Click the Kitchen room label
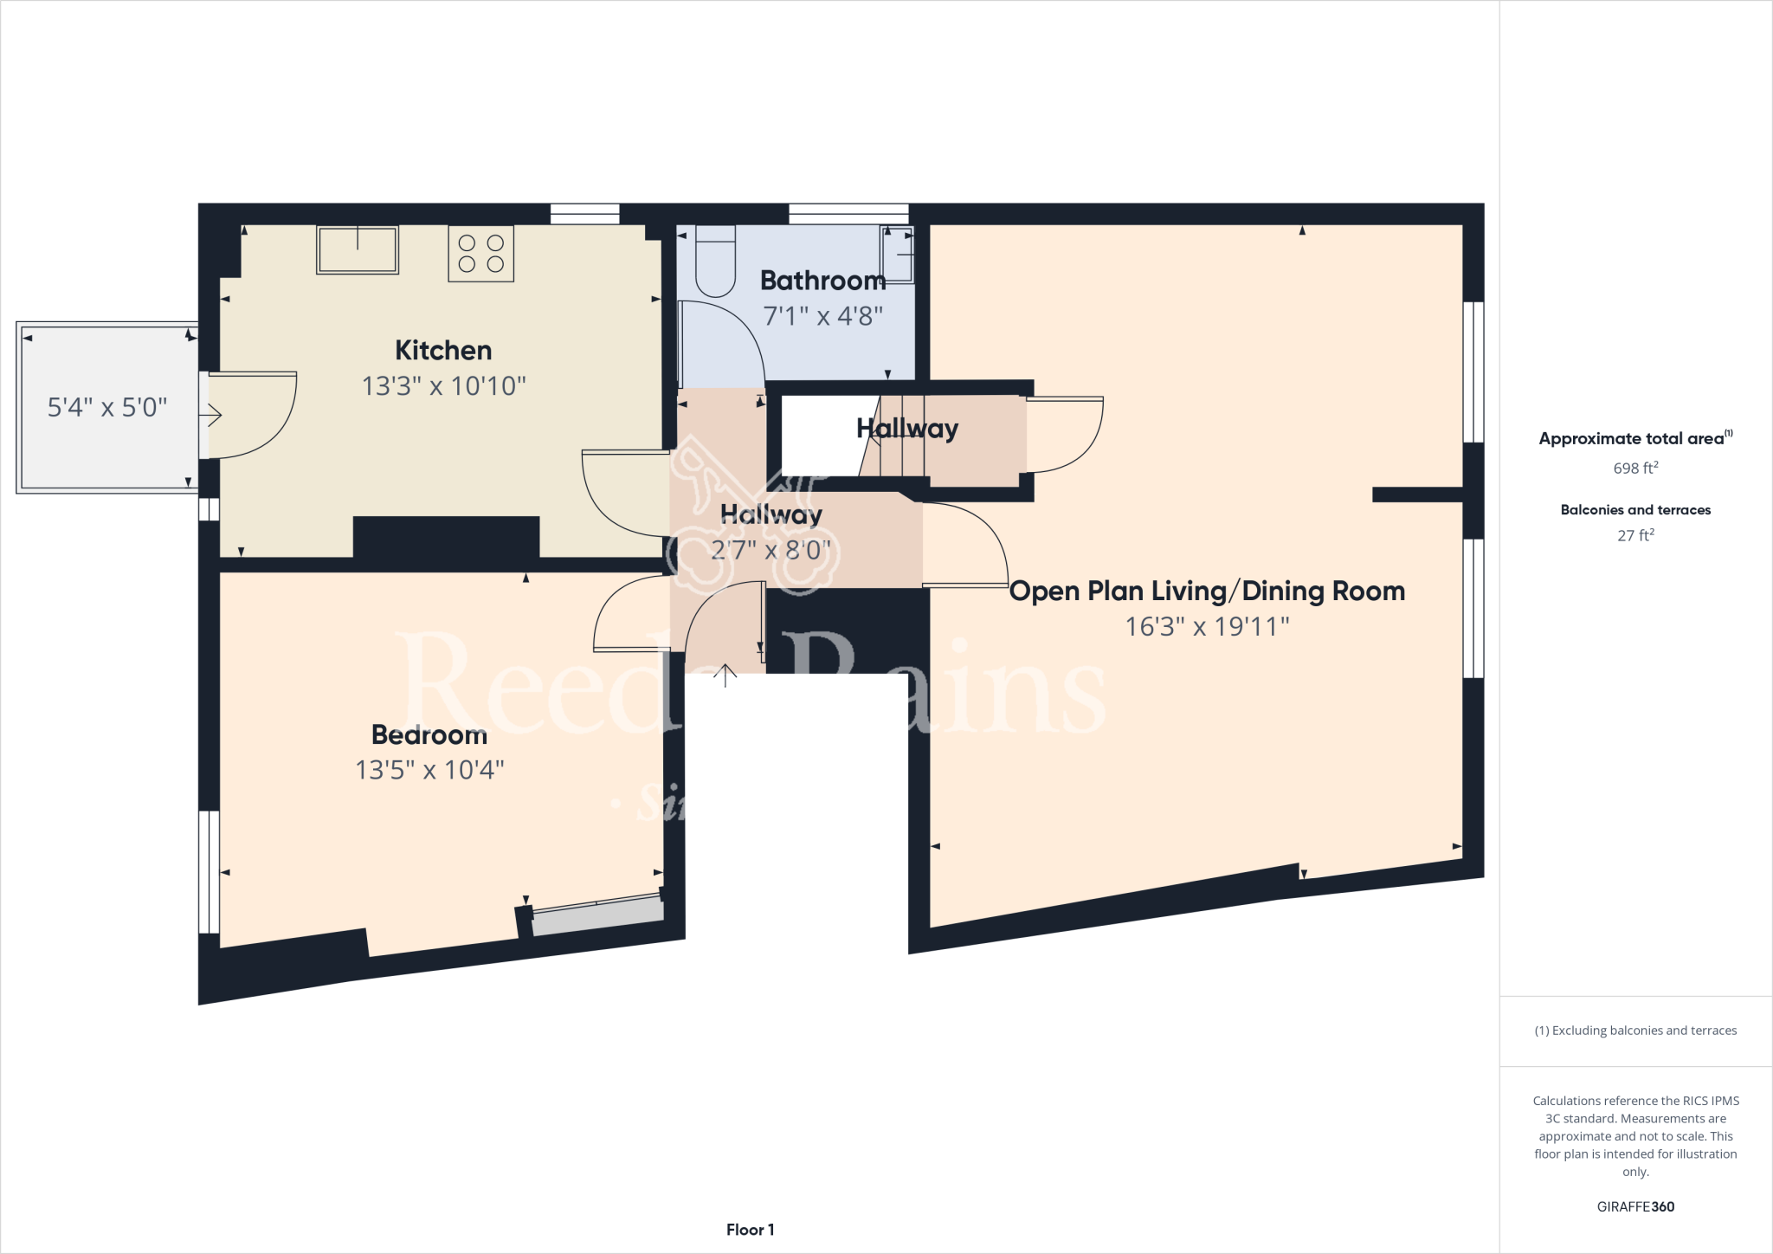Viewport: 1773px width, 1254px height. click(x=443, y=350)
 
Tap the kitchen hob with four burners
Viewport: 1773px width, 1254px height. click(x=480, y=254)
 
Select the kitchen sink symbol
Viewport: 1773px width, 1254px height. click(x=357, y=250)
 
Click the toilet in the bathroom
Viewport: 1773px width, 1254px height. click(x=715, y=260)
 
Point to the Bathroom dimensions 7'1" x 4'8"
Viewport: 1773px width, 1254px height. click(x=822, y=316)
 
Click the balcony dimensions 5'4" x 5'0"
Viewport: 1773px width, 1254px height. click(x=107, y=407)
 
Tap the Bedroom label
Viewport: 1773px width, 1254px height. click(x=429, y=734)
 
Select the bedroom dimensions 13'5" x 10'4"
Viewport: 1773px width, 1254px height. click(x=429, y=770)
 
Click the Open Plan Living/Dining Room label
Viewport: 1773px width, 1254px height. click(x=1207, y=591)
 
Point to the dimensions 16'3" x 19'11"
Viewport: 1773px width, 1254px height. click(x=1207, y=626)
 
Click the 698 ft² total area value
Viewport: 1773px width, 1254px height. click(x=1634, y=468)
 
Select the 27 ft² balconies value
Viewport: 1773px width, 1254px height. click(x=1634, y=535)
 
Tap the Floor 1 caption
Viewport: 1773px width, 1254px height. click(x=750, y=1230)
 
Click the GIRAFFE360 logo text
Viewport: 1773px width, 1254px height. click(x=1634, y=1206)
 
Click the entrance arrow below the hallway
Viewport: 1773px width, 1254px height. click(x=725, y=675)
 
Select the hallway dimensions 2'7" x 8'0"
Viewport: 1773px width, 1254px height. click(x=770, y=550)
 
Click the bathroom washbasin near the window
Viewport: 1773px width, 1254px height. click(x=898, y=254)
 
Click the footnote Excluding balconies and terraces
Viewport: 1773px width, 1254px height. click(x=1634, y=1031)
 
